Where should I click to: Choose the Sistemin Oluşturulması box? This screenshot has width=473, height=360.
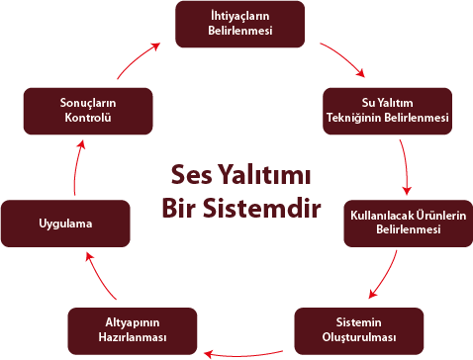click(359, 331)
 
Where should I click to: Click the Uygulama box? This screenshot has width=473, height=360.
click(65, 224)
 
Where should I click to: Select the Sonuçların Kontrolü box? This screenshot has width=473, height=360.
click(88, 111)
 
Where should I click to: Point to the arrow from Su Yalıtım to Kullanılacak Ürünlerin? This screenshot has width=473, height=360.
click(406, 166)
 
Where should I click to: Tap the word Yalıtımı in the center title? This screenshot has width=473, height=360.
click(263, 176)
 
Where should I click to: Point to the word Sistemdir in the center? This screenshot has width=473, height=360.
click(263, 209)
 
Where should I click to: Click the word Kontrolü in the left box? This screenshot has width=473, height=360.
click(88, 118)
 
